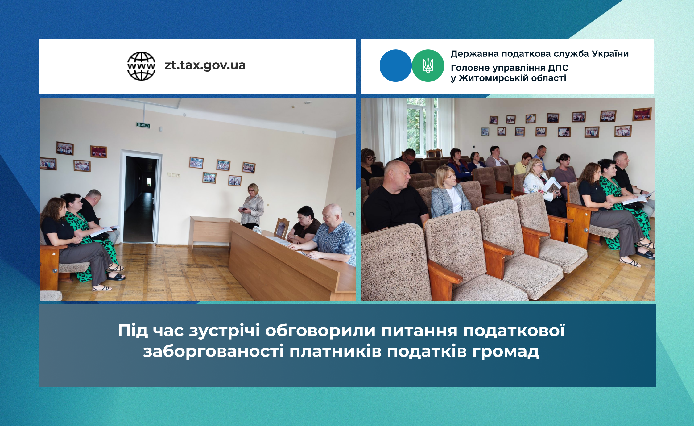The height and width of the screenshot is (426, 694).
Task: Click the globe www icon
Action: (141, 66)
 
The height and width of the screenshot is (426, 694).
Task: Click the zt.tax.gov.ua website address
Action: (205, 65)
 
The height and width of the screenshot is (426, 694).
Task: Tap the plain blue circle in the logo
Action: (395, 66)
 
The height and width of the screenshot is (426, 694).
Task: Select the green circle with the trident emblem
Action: (428, 66)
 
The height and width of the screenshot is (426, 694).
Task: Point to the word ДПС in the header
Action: (558, 68)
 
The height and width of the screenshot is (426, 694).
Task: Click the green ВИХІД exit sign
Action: (143, 125)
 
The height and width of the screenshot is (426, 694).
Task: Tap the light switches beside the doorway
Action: (173, 175)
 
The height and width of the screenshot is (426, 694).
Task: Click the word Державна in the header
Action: (475, 54)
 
